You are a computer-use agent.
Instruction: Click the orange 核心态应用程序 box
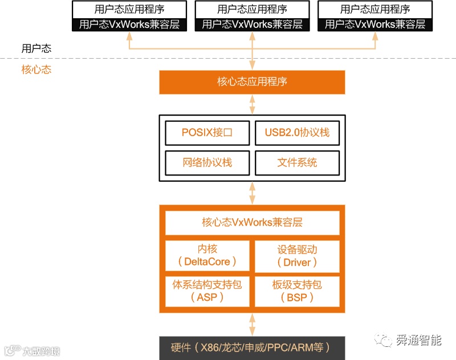pos(252,81)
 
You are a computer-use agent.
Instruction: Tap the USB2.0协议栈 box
pos(297,133)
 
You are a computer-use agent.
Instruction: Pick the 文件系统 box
pos(297,162)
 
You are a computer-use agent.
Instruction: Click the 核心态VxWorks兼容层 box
pos(252,222)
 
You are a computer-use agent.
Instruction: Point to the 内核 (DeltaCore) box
pos(207,255)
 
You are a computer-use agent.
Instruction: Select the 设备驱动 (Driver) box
pos(297,255)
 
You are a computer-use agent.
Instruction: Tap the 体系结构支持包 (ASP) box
pos(207,290)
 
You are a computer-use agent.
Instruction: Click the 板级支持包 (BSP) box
pos(297,290)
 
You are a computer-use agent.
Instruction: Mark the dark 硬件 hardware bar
pos(252,347)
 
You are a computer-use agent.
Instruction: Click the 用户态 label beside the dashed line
pos(36,48)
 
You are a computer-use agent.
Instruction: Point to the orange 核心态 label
pos(36,69)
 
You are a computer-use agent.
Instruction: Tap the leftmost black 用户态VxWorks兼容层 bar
pos(129,24)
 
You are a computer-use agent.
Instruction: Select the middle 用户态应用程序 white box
pos(252,9)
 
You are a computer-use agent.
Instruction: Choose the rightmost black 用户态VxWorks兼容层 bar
pos(375,24)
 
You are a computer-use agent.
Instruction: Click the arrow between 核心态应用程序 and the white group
pos(252,105)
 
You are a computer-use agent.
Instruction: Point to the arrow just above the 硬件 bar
pos(252,325)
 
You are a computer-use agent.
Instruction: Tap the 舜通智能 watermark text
pos(419,341)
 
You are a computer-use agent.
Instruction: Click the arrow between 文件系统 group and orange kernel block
pos(252,193)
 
